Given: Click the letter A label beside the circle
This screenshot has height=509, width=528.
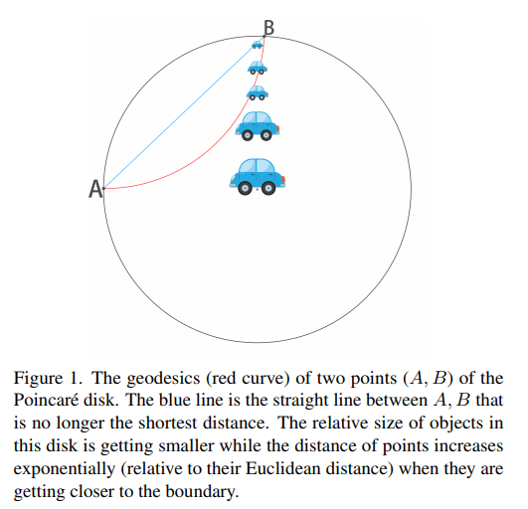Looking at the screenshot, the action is [95, 189].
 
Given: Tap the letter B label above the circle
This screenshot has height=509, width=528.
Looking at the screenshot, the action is [268, 28].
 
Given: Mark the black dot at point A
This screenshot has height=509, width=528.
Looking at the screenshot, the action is [103, 188].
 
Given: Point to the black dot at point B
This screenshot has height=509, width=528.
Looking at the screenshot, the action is [264, 36].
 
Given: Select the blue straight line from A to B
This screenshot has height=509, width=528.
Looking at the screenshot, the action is [184, 112].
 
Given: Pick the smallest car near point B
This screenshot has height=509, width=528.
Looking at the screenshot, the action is [257, 45].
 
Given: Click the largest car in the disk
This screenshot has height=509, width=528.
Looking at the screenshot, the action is [258, 176].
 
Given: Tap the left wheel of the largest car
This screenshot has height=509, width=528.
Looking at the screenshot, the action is [246, 188].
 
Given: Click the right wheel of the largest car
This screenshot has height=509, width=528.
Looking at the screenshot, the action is [268, 188].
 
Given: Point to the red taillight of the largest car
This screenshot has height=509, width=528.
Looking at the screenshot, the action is [283, 179].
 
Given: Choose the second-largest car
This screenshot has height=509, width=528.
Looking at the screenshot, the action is [258, 126].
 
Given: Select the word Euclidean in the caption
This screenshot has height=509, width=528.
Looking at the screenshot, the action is [282, 468].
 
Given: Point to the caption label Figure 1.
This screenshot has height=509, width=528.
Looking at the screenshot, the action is [48, 379].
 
